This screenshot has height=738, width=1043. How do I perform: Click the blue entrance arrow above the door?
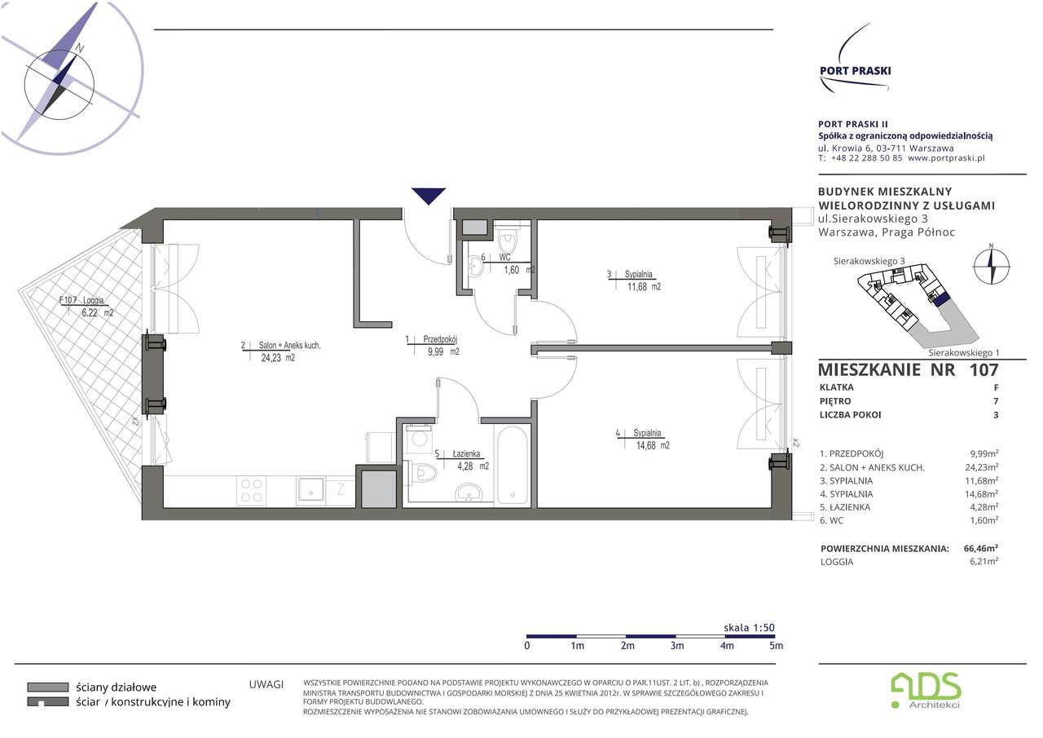coord(429,195)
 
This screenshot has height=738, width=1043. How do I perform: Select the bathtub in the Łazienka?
coord(513,465)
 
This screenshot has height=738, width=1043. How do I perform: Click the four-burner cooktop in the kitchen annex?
coord(252,490)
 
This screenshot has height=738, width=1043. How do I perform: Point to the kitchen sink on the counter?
coord(311,490)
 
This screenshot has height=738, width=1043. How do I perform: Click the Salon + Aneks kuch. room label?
coord(289,345)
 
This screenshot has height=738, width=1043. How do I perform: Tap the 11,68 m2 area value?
coord(644,287)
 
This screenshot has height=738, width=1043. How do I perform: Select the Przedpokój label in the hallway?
coord(440,339)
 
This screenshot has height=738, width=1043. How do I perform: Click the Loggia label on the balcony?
coord(94,301)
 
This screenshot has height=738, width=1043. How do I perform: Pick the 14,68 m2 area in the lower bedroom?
coord(653,445)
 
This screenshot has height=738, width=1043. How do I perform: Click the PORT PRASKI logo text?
coord(856,71)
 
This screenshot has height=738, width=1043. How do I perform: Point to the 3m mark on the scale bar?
coord(677,646)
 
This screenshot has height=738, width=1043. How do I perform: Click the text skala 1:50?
coord(749,628)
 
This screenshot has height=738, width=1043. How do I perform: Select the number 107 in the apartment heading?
coord(984,370)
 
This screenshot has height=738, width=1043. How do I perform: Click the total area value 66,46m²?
coord(980,548)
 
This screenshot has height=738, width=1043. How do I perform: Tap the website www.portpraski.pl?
coord(946,158)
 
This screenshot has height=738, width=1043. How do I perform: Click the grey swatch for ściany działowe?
coord(48,687)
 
